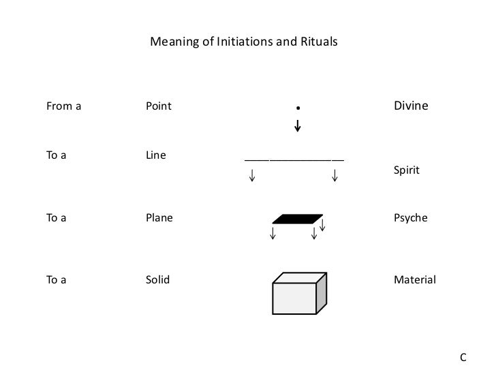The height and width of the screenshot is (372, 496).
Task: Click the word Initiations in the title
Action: pos(243,43)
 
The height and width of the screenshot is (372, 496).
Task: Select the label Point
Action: pos(159,106)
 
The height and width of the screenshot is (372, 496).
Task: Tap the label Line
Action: pos(156,156)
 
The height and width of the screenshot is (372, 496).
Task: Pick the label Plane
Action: pos(159,219)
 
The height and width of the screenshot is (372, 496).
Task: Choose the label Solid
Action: pos(158,280)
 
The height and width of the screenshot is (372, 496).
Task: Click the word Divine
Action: pos(411,106)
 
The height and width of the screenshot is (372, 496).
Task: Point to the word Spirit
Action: pos(407,170)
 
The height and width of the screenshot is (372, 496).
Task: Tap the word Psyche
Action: pos(411,219)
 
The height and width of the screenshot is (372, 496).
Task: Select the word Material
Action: pos(415,280)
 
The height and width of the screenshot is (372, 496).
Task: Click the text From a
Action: pos(63,106)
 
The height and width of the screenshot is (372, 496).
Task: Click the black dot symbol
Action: pos(298,108)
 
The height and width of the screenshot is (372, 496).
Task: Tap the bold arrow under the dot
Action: pos(298,126)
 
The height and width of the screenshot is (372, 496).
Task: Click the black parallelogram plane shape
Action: pos(297,219)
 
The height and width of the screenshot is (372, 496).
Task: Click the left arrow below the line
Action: pos(253,176)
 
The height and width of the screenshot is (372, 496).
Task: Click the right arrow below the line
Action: pos(335,176)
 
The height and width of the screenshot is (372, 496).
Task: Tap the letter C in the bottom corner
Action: pos(463,356)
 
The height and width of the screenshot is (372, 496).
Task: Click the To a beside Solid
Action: pos(56,280)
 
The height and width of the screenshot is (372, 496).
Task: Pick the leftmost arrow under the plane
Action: pos(273,234)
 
